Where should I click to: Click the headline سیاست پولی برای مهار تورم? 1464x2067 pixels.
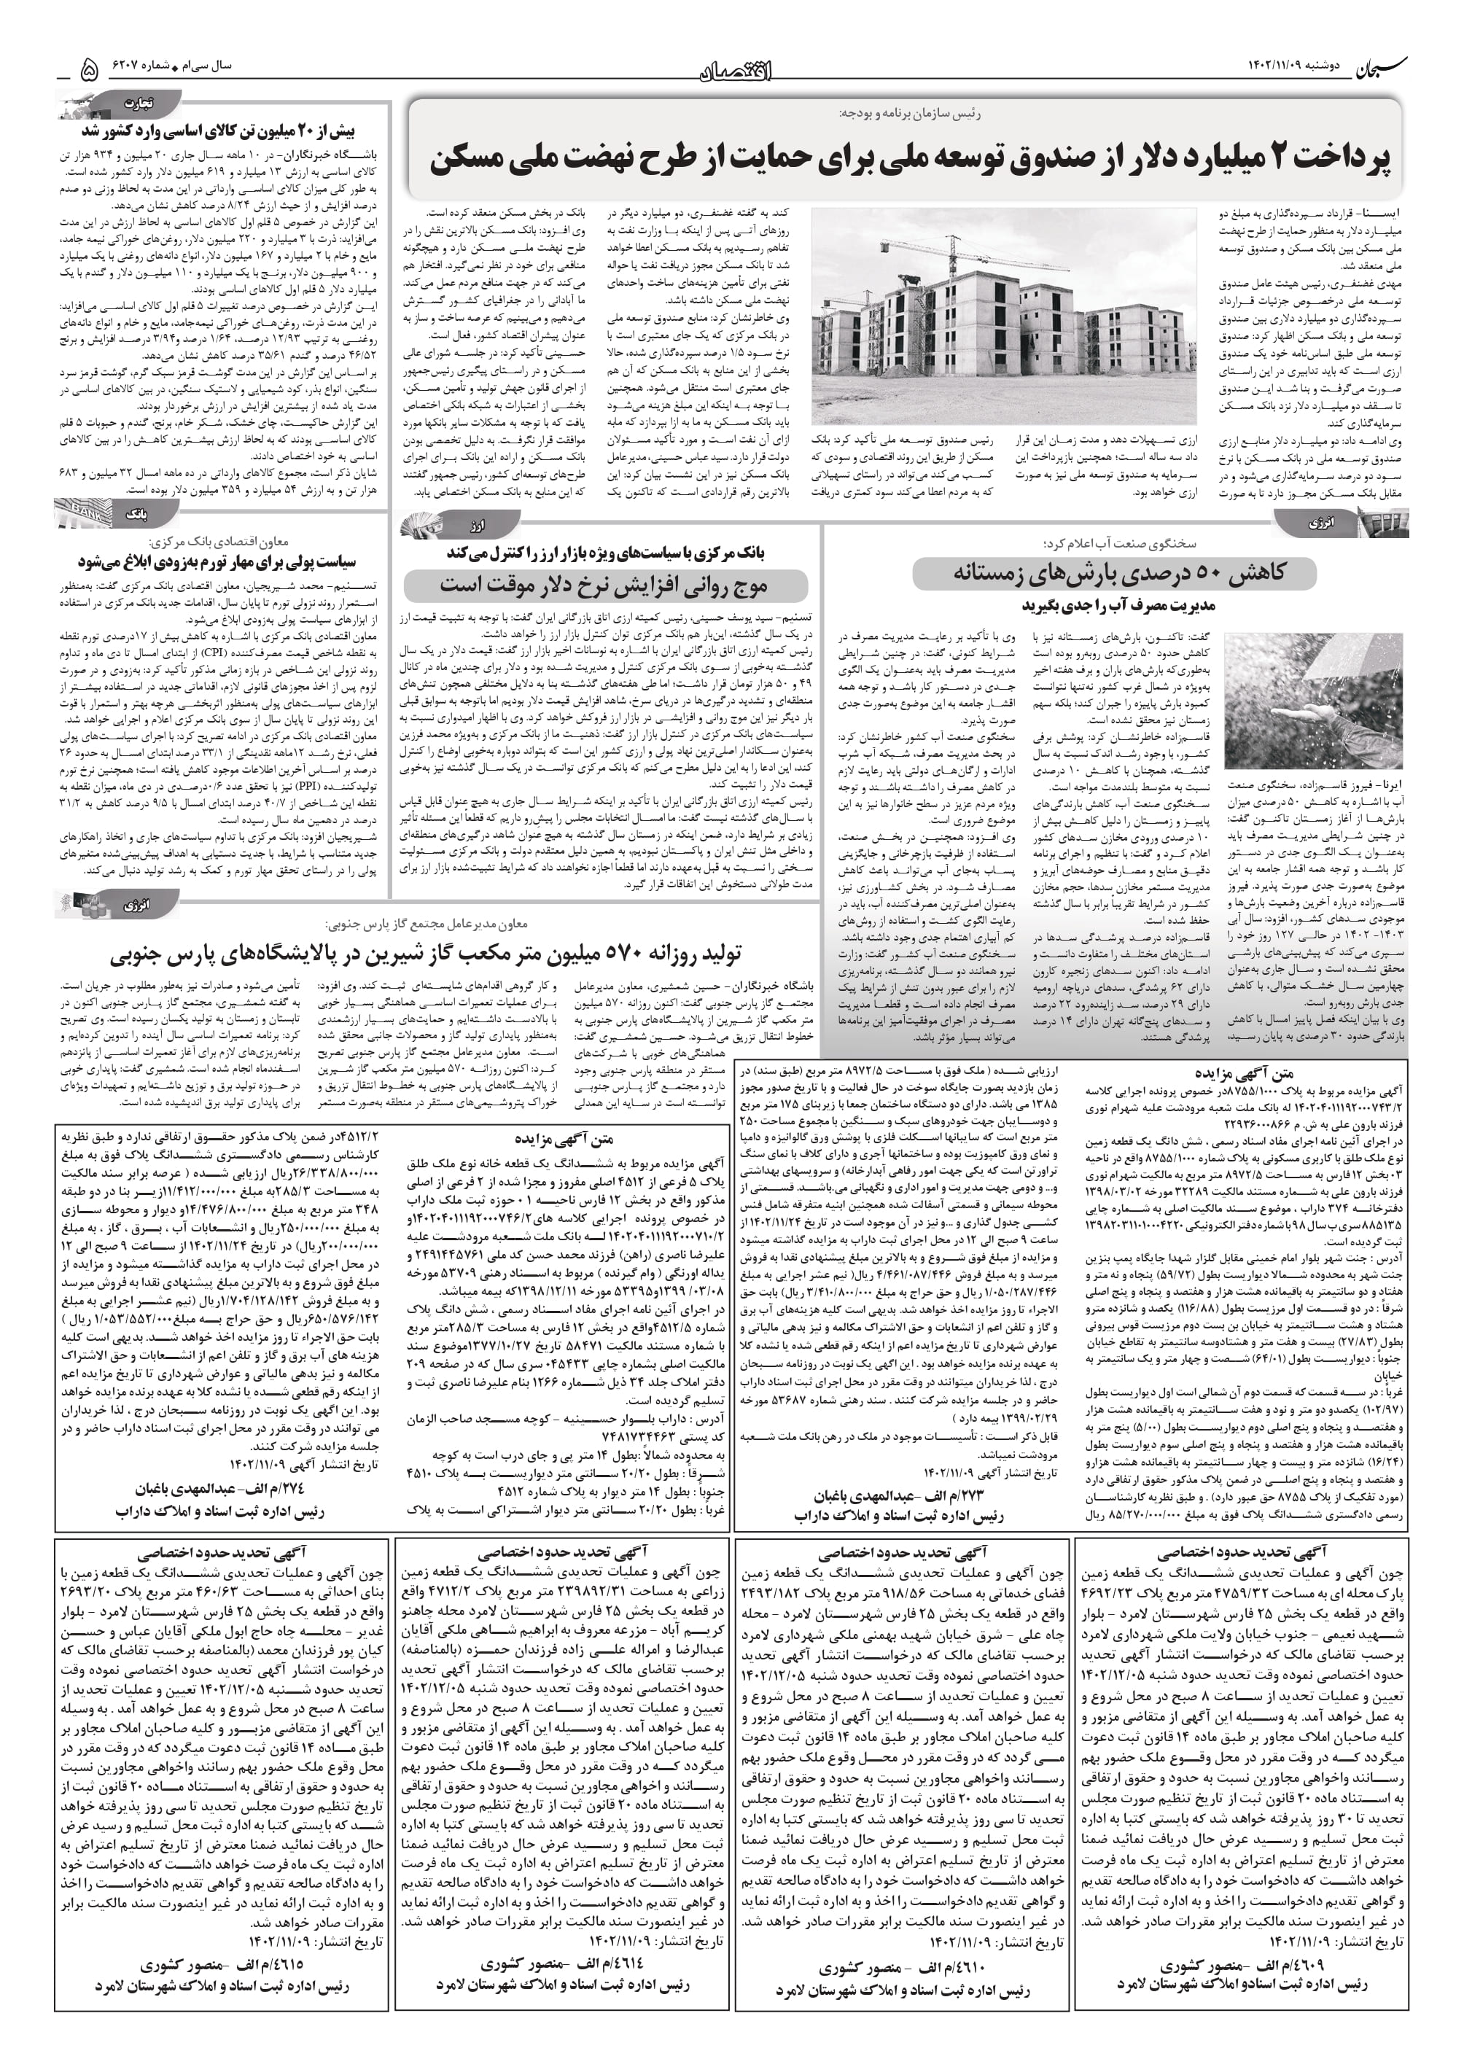click(x=217, y=561)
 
